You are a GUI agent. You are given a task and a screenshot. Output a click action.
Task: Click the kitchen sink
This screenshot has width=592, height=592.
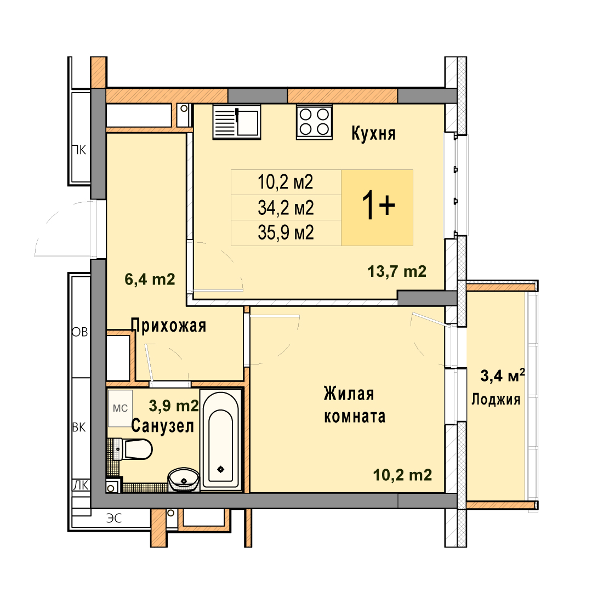tap(237, 122)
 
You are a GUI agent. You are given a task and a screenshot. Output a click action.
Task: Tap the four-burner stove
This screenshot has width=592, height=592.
tap(314, 122)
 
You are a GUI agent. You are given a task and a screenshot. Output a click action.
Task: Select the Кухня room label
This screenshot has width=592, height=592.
tap(373, 133)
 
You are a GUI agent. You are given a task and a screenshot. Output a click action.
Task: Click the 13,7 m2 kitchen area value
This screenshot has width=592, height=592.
tap(397, 271)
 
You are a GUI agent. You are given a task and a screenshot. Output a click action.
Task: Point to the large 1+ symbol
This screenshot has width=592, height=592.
tap(378, 205)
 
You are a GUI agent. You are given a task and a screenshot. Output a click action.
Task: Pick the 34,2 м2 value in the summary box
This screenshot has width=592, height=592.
tap(286, 208)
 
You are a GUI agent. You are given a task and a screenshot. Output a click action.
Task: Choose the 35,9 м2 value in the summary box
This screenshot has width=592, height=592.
tap(286, 232)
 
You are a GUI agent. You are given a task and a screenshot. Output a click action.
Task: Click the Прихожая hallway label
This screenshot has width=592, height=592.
tap(168, 326)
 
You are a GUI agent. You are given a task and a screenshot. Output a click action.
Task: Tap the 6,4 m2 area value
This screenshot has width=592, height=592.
tap(150, 280)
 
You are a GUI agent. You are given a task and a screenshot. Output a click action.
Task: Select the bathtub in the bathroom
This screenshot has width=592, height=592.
tap(221, 440)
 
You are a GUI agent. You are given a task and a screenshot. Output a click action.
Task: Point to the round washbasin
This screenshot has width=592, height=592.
tap(184, 480)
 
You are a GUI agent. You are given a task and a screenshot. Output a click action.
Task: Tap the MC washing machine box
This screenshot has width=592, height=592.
tap(120, 408)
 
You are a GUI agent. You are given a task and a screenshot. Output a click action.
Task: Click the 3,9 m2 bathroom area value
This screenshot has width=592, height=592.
tap(174, 406)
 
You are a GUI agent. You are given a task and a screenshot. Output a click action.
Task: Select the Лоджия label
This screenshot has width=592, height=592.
tap(496, 400)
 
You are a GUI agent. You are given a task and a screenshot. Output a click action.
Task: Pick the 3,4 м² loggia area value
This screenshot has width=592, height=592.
tap(503, 375)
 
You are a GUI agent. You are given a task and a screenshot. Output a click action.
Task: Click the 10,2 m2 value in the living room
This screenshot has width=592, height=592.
tap(402, 475)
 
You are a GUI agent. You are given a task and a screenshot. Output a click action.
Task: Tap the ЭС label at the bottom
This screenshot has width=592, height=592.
tap(114, 518)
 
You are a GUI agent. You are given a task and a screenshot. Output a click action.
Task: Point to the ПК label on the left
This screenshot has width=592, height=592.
tap(79, 150)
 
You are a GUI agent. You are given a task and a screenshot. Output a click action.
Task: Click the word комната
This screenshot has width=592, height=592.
tap(355, 417)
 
